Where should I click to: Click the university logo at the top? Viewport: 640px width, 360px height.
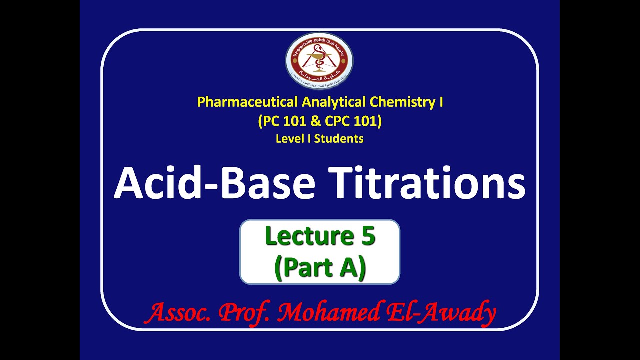tap(319, 61)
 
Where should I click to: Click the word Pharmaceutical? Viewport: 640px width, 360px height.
tap(247, 102)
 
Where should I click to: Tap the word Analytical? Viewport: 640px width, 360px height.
tap(334, 102)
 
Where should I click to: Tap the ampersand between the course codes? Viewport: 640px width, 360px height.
tap(318, 121)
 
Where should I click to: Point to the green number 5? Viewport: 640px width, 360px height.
tap(367, 236)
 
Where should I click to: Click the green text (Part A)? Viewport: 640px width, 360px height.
tap(320, 267)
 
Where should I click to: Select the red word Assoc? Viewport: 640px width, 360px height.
tap(179, 313)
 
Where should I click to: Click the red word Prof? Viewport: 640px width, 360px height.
tap(244, 313)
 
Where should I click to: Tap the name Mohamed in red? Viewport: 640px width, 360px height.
tap(328, 313)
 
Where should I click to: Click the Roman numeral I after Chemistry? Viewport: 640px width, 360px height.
tap(440, 102)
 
